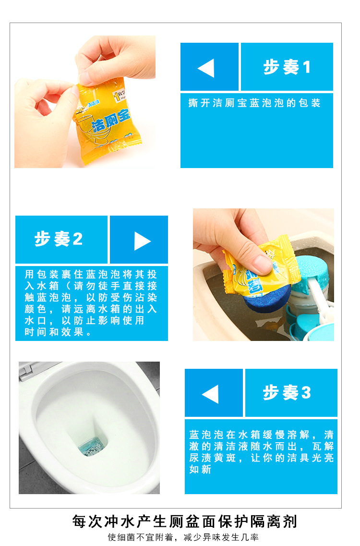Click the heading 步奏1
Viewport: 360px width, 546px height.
287,67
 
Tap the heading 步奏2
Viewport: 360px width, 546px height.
58,239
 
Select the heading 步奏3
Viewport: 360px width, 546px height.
287,392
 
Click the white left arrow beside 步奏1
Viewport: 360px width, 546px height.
206,68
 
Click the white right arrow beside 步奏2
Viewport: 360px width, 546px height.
142,241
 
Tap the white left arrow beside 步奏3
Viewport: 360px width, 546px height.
211,394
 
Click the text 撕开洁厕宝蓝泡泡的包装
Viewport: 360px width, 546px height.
254,103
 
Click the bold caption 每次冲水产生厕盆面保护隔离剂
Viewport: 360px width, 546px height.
184,521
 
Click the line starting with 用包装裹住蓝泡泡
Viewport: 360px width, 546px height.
91,275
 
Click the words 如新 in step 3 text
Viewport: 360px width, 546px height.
200,469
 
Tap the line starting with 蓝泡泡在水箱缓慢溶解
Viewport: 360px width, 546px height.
261,435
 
